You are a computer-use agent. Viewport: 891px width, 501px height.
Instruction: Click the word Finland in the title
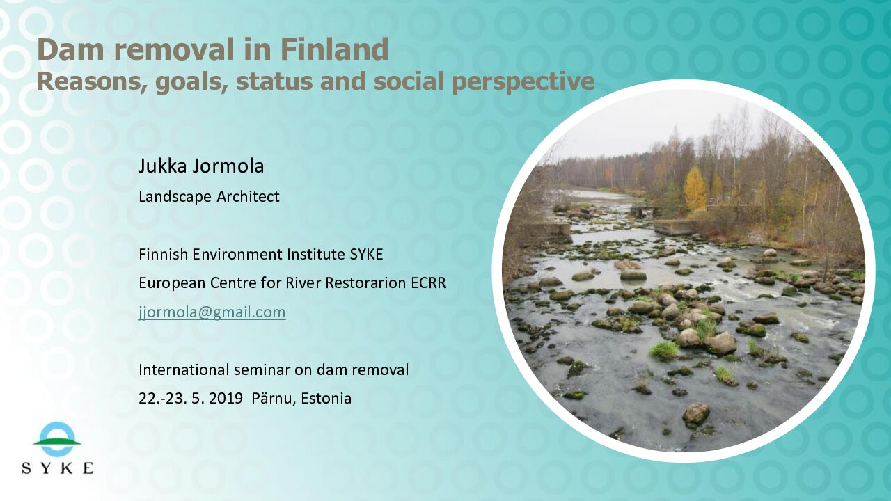coord(335,49)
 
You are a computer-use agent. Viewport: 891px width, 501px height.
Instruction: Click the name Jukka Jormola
coord(201,166)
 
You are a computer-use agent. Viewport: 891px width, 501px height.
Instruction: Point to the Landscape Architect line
coord(209,196)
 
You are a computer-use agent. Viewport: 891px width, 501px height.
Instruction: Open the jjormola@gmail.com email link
coord(212,312)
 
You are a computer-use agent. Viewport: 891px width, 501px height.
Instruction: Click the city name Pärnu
coord(274,398)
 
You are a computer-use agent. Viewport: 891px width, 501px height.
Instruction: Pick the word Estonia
coord(326,399)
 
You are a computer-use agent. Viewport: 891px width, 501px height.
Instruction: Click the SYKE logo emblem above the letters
coord(57,439)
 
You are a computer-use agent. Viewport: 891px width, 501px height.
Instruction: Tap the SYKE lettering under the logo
coord(57,468)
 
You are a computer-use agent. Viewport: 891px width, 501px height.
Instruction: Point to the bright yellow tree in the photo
coord(695,188)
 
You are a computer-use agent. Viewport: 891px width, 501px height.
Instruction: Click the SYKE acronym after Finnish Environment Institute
coord(366,254)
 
